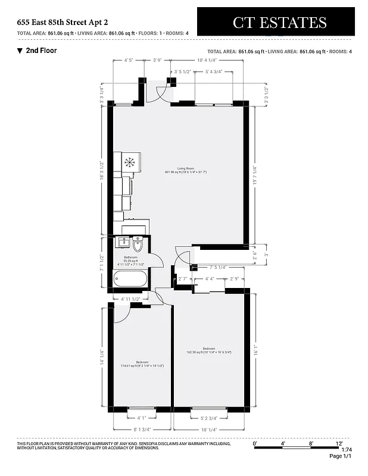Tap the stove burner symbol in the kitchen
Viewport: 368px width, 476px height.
(130, 161)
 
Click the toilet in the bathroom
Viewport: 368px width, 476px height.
(138, 245)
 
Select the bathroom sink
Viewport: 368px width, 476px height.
(123, 243)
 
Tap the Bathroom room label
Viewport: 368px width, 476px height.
(130, 259)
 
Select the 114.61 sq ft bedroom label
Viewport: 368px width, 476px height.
(142, 364)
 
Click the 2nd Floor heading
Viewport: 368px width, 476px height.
(41, 51)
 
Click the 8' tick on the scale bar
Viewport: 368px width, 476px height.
(311, 443)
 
